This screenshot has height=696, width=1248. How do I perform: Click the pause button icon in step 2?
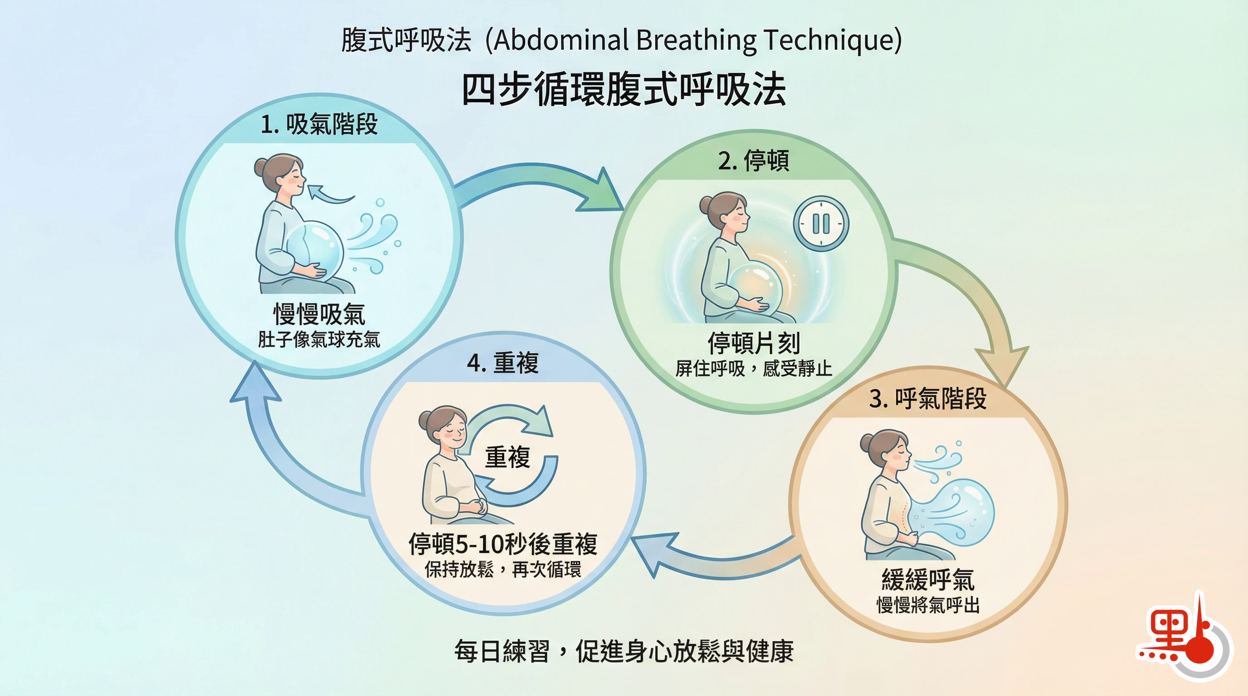click(821, 223)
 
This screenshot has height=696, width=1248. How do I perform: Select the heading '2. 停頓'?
click(753, 161)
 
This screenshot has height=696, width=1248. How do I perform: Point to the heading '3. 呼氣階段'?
click(928, 399)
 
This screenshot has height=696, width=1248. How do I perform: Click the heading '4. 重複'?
click(502, 362)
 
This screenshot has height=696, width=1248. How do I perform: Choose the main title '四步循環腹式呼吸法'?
click(624, 89)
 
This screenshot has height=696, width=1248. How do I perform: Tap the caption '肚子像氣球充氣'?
click(319, 339)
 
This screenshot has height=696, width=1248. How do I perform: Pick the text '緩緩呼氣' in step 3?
click(928, 580)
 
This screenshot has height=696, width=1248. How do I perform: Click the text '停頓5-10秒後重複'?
click(502, 544)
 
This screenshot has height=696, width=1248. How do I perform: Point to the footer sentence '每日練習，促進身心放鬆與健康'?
click(624, 651)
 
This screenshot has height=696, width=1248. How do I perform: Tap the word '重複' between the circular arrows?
click(507, 457)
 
